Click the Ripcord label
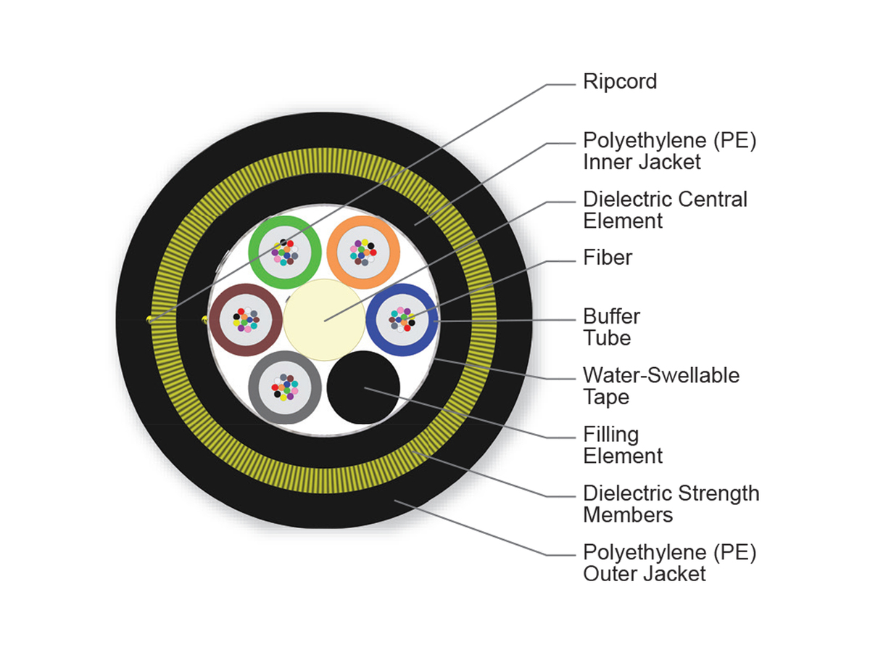tap(620, 81)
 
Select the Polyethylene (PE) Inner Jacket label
tap(669, 151)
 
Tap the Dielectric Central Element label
tap(665, 210)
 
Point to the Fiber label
tap(608, 258)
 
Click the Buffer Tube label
tap(611, 327)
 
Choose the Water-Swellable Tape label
tap(661, 386)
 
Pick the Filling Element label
tap(623, 445)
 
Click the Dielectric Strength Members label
tap(671, 504)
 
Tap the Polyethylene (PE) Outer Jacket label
tap(669, 563)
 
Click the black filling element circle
tap(362, 387)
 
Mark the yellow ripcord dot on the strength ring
tap(150, 319)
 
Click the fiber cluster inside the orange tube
tap(362, 251)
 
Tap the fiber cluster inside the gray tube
tap(284, 387)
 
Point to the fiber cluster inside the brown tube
tap(245, 319)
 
